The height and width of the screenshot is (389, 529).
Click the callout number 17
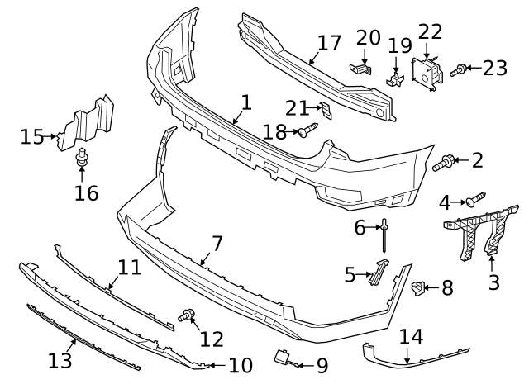coord(329,43)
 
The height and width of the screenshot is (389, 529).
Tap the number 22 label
coord(430,31)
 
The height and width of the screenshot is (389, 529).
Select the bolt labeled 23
coord(460,71)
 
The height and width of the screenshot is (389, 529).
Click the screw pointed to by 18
coord(307,130)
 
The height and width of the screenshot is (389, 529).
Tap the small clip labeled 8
coord(418,287)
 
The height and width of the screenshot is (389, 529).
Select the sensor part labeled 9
coord(282,358)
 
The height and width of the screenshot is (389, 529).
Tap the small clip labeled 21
coord(325,109)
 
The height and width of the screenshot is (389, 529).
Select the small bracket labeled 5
coord(378,270)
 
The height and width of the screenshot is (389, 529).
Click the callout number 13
coord(60,361)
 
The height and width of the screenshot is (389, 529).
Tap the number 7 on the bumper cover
coord(217,244)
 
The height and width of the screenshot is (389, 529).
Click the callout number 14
coord(411,337)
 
